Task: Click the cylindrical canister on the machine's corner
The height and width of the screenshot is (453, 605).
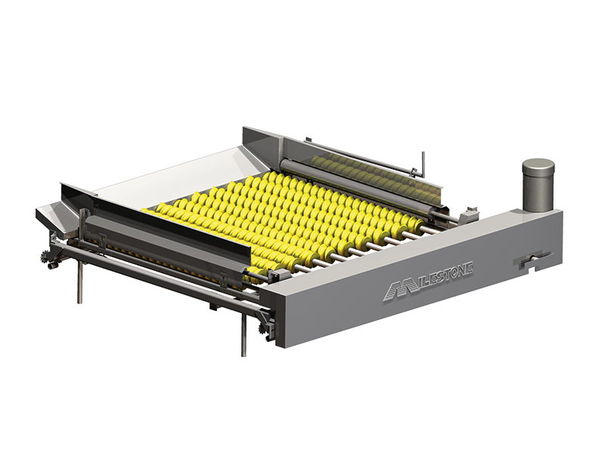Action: [538, 185]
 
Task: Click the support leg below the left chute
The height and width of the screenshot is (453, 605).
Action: [79, 282]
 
